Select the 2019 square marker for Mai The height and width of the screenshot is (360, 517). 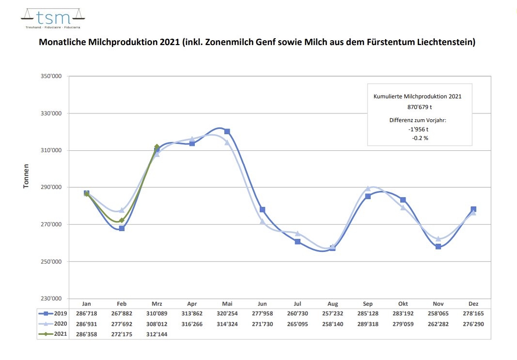[227, 131]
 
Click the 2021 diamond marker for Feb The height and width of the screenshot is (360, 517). [122, 220]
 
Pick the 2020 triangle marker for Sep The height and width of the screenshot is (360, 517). [368, 188]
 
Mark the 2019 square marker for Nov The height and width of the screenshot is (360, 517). [438, 247]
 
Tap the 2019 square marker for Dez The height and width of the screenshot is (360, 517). [473, 209]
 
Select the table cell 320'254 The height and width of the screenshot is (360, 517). [227, 314]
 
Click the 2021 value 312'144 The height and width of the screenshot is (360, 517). [157, 334]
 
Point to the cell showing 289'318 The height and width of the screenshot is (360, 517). [368, 324]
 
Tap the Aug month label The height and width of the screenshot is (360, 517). [332, 304]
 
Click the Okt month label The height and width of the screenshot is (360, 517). [403, 304]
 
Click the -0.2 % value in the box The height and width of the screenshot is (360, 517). [420, 138]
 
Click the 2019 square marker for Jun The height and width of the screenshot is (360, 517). [262, 210]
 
